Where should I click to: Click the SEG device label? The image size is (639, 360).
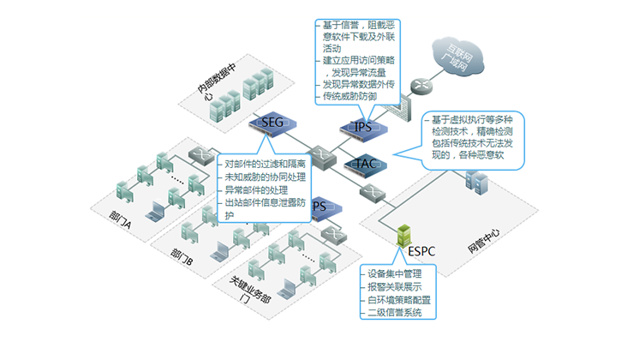pos(272,123)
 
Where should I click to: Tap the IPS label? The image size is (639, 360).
pos(362,128)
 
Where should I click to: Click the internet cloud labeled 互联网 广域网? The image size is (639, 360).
pos(459,58)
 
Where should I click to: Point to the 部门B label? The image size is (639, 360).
pos(180,255)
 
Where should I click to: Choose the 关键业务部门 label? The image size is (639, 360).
pos(248,289)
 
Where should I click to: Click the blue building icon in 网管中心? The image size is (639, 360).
pos(476,183)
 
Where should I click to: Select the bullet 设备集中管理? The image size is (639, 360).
pos(395,273)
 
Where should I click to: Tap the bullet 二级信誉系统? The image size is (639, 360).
pos(395,312)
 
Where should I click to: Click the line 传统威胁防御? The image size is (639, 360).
pos(351,98)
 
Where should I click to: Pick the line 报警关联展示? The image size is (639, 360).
pos(395,286)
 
